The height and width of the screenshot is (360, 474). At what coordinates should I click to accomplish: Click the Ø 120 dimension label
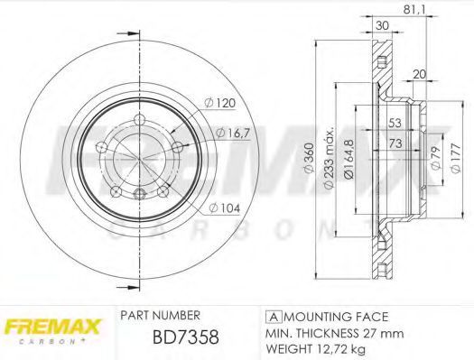click(x=219, y=103)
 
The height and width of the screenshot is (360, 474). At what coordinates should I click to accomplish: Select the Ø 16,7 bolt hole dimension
click(x=233, y=133)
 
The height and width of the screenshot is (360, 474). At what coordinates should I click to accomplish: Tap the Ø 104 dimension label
click(x=224, y=208)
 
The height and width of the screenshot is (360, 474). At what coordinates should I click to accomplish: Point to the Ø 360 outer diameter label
click(x=309, y=158)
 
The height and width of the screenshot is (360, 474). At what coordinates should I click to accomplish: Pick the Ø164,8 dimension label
click(x=349, y=159)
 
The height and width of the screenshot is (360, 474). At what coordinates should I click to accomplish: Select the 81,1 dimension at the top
click(x=414, y=10)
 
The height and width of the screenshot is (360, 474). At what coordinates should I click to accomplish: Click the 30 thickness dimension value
click(x=382, y=25)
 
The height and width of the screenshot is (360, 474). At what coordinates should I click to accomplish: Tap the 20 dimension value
click(x=419, y=74)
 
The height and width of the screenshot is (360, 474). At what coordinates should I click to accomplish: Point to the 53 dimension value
click(x=395, y=123)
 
